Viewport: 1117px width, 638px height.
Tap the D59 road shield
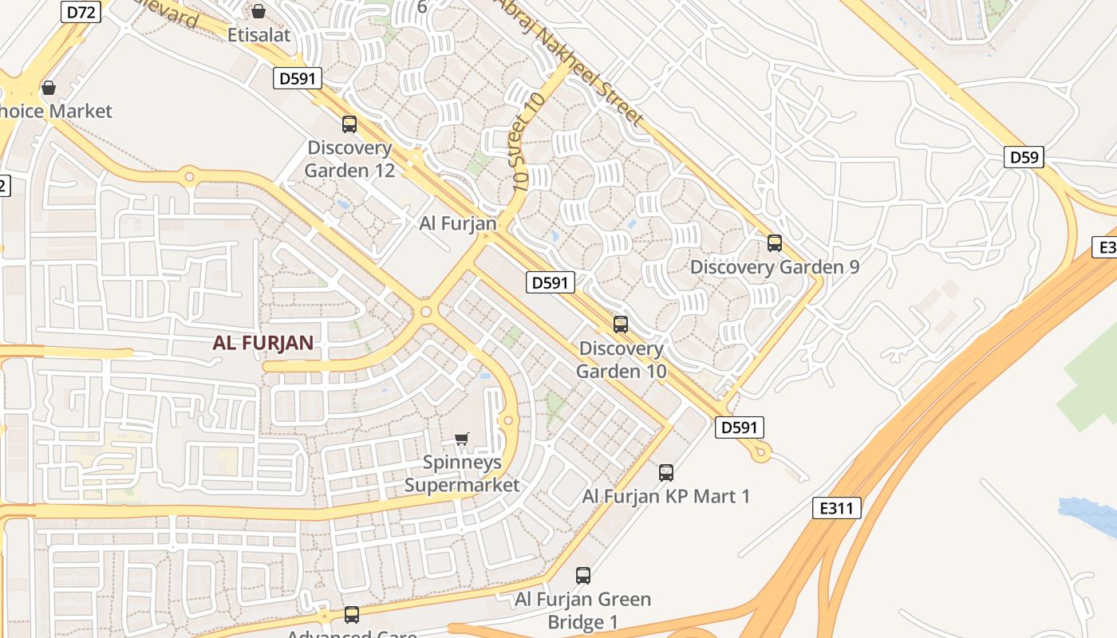click(x=1024, y=157)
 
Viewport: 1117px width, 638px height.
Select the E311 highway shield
click(x=837, y=508)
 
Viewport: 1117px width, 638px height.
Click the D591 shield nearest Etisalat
click(x=298, y=78)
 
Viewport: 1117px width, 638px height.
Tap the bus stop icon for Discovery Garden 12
click(x=349, y=124)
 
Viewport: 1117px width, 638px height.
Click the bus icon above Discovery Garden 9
click(x=774, y=243)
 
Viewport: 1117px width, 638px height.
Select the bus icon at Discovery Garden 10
click(x=621, y=325)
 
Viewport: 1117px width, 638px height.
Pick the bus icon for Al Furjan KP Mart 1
click(x=666, y=473)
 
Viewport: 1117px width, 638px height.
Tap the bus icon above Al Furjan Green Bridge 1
click(x=583, y=576)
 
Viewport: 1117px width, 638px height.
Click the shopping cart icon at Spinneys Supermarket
click(x=461, y=439)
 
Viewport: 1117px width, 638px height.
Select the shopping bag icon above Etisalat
click(x=259, y=11)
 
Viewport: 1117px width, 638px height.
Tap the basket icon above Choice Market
click(x=49, y=87)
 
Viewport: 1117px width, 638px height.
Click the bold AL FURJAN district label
click(x=262, y=343)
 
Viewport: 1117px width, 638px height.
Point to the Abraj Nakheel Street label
click(x=570, y=60)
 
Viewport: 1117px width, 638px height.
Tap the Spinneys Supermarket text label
click(x=462, y=474)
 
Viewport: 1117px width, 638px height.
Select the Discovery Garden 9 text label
click(x=774, y=267)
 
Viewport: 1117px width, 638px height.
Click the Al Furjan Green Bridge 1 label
click(x=582, y=610)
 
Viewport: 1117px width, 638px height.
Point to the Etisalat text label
click(x=259, y=35)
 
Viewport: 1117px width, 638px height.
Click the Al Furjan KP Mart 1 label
click(x=666, y=496)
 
